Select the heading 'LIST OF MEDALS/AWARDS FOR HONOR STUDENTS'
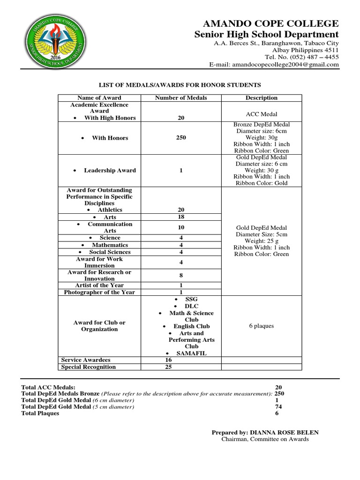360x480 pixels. click(x=180, y=85)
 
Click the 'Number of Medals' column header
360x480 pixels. click(x=181, y=98)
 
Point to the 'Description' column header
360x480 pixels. click(x=262, y=98)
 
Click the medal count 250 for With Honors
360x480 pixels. click(x=181, y=138)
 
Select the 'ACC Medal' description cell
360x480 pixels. click(x=262, y=114)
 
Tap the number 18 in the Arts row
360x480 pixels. click(x=181, y=217)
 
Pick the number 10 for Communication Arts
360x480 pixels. click(x=181, y=227)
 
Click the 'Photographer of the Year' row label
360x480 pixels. click(x=99, y=292)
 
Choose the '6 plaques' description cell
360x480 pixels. click(x=262, y=326)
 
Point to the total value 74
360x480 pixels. click(x=278, y=407)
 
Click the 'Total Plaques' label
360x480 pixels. click(x=40, y=413)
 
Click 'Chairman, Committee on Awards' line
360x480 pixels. click(x=265, y=439)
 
